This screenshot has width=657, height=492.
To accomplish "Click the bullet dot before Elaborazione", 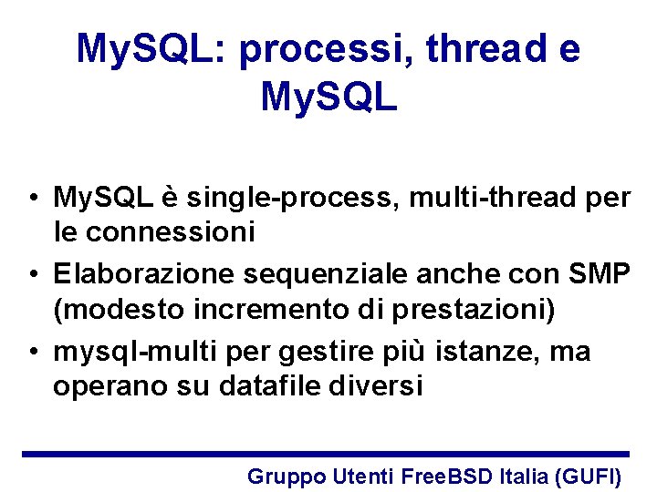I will click(x=32, y=274).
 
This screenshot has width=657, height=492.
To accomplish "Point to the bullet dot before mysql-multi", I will click(x=32, y=352).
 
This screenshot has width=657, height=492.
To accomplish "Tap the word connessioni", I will click(x=169, y=233).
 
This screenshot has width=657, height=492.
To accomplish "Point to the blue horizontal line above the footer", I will click(x=326, y=454).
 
